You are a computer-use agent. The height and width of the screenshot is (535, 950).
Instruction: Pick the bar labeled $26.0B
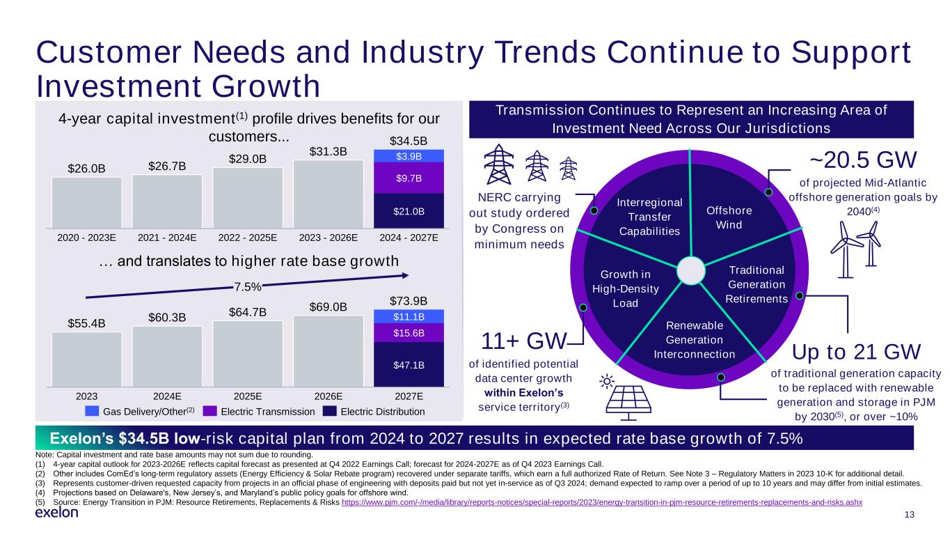click(x=86, y=202)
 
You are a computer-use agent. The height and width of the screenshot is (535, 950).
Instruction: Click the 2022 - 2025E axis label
click(x=248, y=238)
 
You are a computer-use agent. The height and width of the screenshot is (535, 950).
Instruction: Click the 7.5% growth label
click(x=247, y=286)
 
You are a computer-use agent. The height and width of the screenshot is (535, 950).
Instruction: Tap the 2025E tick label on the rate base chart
click(x=248, y=396)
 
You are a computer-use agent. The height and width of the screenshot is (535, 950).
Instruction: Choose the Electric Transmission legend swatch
click(x=211, y=412)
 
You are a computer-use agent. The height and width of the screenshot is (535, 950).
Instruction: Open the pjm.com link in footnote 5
click(x=602, y=502)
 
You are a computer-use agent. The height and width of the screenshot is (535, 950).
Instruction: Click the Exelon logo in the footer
click(x=56, y=512)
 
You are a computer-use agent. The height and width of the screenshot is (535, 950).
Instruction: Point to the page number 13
click(x=909, y=514)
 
